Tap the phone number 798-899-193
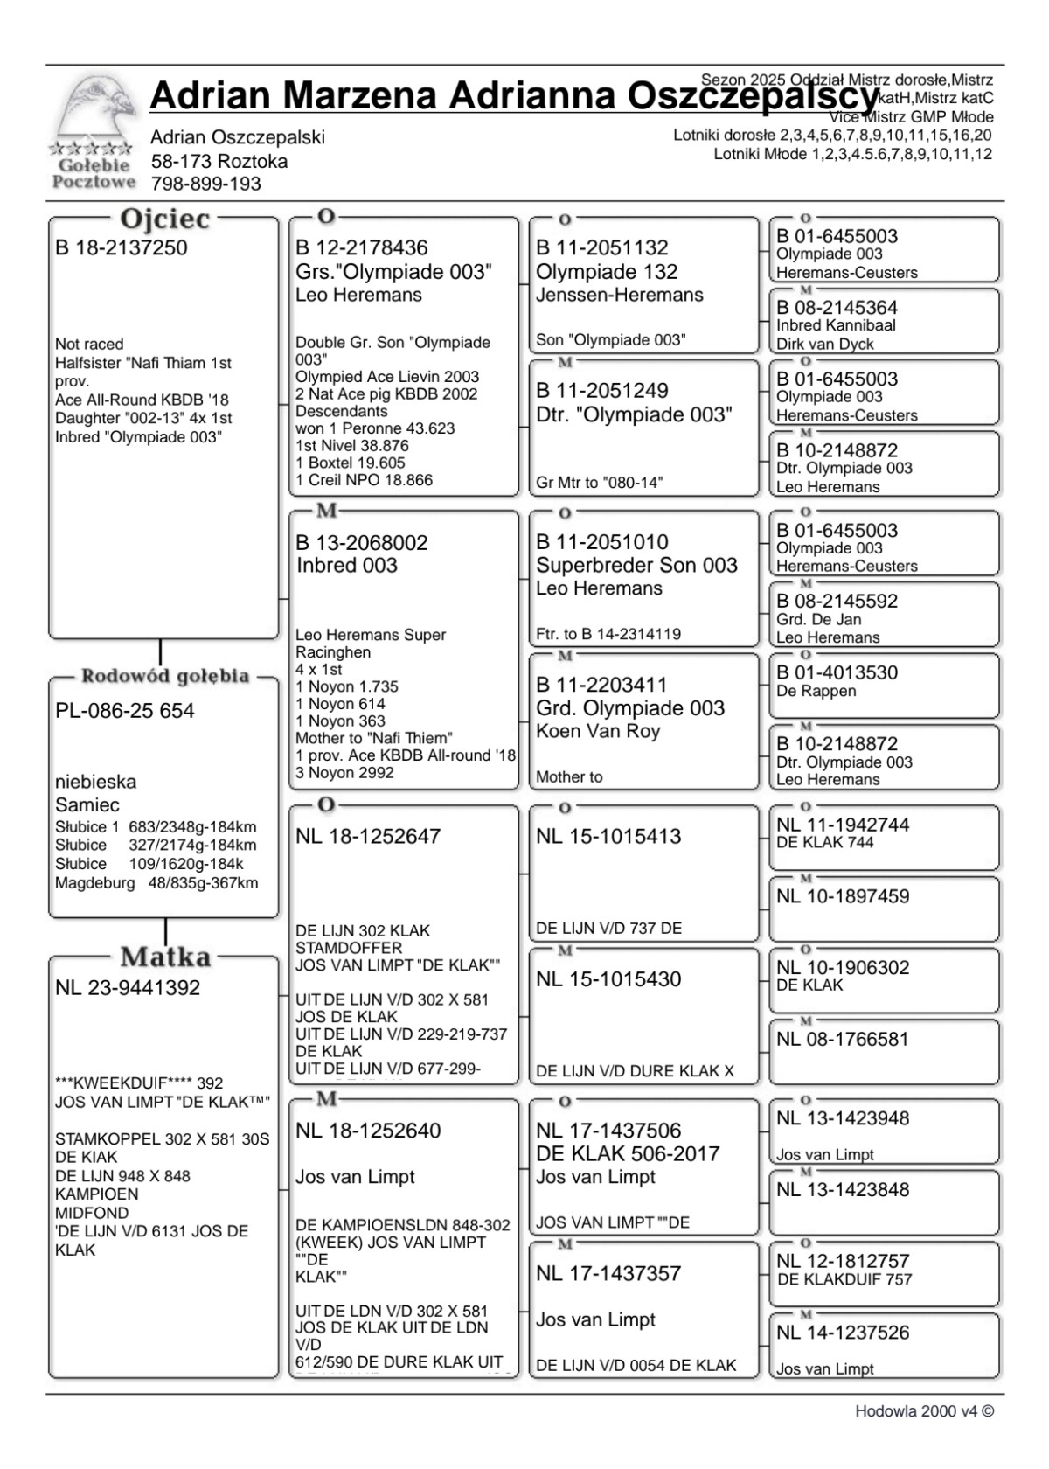click(206, 184)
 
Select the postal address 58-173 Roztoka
click(219, 161)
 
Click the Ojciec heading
click(164, 219)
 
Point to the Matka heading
click(165, 957)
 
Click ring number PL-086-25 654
click(125, 711)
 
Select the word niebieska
click(96, 782)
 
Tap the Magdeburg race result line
click(156, 883)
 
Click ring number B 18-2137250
click(122, 247)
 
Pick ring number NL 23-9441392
click(128, 988)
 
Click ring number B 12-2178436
click(362, 247)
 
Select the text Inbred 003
click(347, 566)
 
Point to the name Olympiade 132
click(607, 272)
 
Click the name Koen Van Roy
click(598, 731)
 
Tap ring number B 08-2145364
click(837, 308)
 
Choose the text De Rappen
click(816, 691)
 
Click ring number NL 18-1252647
click(368, 836)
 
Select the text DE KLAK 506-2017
click(628, 1153)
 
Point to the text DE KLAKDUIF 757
click(844, 1279)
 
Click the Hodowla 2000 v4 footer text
click(925, 1411)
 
